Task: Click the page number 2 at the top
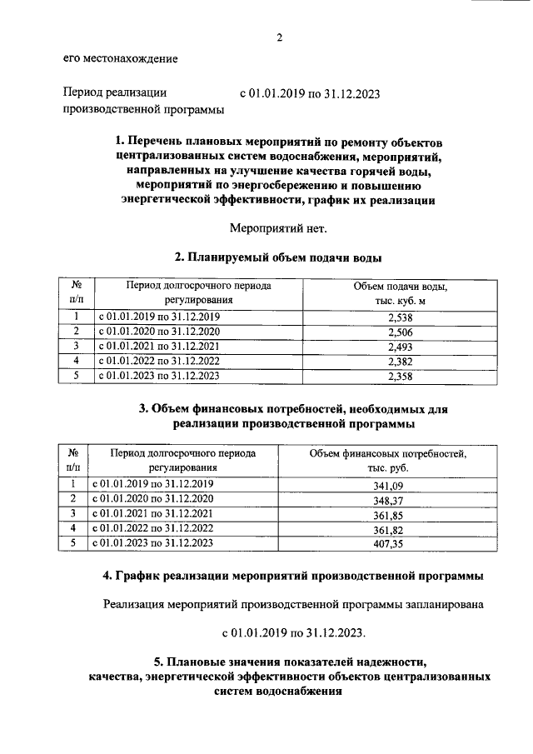pos(280,37)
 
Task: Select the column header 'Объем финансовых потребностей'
pos(388,453)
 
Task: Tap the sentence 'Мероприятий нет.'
pos(278,227)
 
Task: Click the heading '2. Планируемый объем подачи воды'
pos(279,257)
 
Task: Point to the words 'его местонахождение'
pos(120,58)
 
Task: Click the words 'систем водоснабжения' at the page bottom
pos(278,692)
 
